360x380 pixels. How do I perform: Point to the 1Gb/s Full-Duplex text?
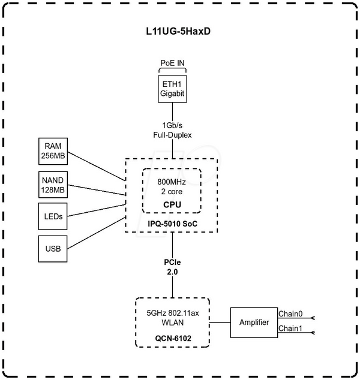[172, 131]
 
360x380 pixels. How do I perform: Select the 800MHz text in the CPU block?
[172, 182]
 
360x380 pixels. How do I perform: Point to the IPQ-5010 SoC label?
[172, 224]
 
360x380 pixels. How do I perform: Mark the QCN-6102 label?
[172, 337]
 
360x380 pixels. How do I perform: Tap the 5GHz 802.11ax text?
[172, 312]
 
